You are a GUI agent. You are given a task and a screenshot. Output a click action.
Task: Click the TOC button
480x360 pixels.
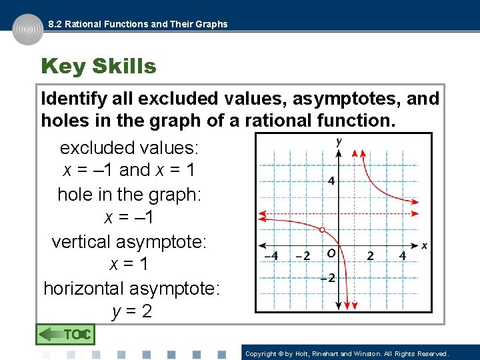coord(65,334)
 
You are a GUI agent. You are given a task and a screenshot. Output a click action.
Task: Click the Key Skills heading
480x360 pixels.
coord(98,67)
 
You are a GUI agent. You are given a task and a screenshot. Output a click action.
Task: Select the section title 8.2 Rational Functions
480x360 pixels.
coord(137,24)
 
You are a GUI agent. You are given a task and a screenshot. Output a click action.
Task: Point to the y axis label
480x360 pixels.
coord(339,141)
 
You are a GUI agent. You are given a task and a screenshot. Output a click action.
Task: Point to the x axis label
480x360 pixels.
coord(425,246)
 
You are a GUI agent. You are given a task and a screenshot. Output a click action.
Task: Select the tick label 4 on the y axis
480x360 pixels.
coord(331,181)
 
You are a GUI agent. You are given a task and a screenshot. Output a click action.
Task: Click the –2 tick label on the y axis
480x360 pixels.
coord(327,278)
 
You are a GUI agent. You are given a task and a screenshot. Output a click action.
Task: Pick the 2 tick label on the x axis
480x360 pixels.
coord(370,256)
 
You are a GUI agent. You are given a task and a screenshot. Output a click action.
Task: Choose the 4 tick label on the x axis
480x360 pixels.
coord(403,256)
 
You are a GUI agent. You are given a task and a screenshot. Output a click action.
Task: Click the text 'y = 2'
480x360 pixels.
coord(132,311)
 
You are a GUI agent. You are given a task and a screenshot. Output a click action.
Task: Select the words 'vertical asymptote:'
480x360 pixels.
coord(129,241)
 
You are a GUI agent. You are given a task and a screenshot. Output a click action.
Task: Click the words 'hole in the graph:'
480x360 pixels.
coord(129,194)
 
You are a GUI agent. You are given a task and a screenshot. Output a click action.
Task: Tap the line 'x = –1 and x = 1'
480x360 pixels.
coord(129,170)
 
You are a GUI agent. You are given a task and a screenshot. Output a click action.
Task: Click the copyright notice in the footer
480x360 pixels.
coord(347,354)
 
